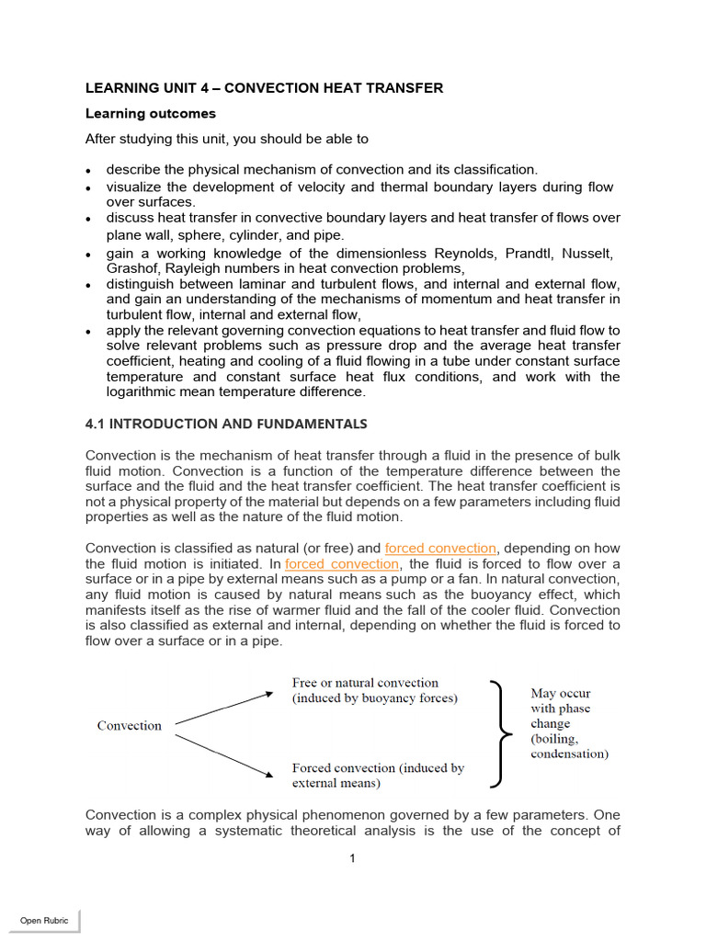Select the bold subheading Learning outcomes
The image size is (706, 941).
pos(151,114)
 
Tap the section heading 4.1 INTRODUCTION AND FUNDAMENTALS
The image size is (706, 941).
pos(226,424)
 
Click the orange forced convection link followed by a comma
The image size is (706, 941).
pos(440,549)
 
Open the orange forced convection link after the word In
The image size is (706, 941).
pos(342,563)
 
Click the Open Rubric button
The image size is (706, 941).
pos(44,920)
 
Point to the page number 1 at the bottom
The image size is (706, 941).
pos(352,858)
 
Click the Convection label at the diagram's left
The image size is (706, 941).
pos(130,726)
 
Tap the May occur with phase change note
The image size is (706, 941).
pos(568,723)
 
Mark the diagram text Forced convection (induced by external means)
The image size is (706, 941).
pos(378,776)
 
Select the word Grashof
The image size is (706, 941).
pos(131,268)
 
